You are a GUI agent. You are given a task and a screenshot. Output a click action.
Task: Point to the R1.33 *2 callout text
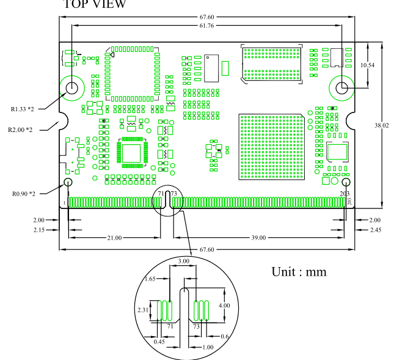[x=23, y=109]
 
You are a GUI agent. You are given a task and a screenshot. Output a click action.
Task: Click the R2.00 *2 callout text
[x=20, y=130]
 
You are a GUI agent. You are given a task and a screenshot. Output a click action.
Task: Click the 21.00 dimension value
[x=114, y=238]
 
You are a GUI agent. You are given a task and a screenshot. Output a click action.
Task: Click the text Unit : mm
[x=299, y=271]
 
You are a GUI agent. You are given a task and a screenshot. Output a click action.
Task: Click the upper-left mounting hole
[x=72, y=87]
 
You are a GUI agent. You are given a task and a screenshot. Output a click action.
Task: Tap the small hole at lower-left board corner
[x=67, y=182]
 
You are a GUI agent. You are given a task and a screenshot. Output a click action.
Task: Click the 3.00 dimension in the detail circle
[x=183, y=261]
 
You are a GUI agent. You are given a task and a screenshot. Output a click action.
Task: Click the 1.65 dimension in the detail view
[x=149, y=279]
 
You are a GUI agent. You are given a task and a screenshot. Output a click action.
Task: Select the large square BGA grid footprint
[x=271, y=145]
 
